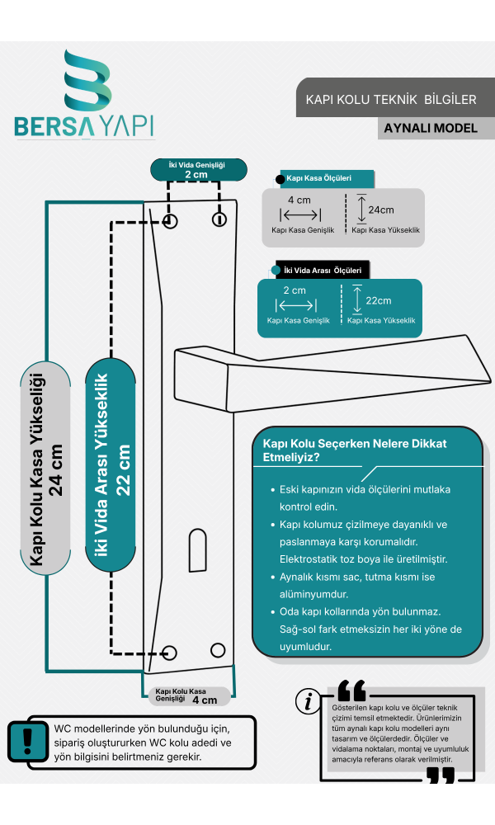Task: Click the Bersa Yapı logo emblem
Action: coord(87,79)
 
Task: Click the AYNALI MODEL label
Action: coord(431,129)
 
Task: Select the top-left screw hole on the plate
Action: coord(170,220)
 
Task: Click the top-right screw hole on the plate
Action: coord(219,219)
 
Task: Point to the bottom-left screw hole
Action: coord(169,653)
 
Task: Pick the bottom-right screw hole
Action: coord(218,650)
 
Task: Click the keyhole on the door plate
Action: coord(197,550)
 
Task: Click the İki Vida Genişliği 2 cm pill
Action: coord(199,170)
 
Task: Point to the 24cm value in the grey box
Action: coord(381,210)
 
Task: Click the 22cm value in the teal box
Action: coord(378,301)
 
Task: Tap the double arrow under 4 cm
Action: coord(300,214)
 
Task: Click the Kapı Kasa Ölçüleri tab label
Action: coord(318,178)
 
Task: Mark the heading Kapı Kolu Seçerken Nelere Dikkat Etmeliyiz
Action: coord(355,450)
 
